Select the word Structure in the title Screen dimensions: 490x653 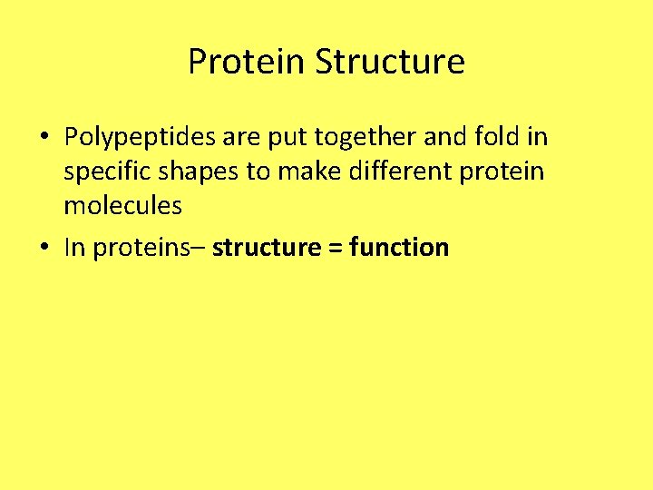390,63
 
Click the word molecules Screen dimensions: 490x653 122,206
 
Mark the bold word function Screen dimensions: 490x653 399,248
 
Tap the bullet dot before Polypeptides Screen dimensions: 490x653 44,138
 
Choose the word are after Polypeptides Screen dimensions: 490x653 240,138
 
